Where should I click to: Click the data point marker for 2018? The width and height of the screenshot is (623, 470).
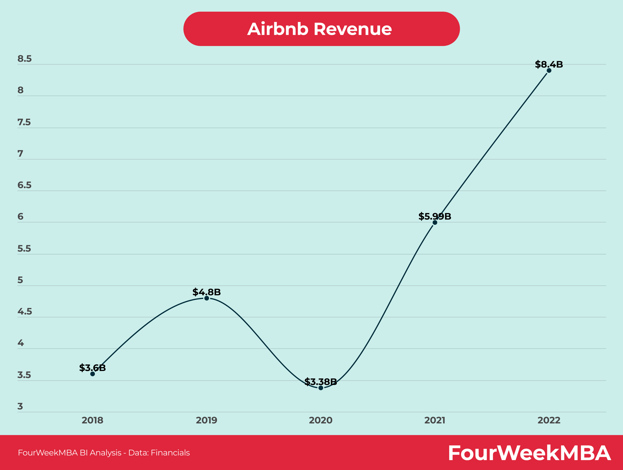pyautogui.click(x=92, y=374)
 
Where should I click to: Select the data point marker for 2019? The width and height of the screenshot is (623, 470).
pyautogui.click(x=206, y=298)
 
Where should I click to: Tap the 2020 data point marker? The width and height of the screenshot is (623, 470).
pyautogui.click(x=321, y=388)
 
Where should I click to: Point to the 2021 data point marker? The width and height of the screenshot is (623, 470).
pyautogui.click(x=435, y=222)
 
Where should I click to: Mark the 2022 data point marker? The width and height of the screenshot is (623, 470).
pyautogui.click(x=549, y=70)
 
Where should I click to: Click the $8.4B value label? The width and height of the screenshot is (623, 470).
pyautogui.click(x=549, y=64)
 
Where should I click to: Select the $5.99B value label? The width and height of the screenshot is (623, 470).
pyautogui.click(x=435, y=216)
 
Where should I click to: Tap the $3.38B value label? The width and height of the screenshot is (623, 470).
pyautogui.click(x=321, y=382)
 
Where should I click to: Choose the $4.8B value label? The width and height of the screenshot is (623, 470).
pyautogui.click(x=206, y=292)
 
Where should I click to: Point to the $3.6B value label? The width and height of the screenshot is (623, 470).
pyautogui.click(x=92, y=368)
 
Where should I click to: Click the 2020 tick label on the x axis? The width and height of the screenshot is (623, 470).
pyautogui.click(x=321, y=420)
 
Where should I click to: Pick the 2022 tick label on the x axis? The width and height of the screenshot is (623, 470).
pyautogui.click(x=549, y=420)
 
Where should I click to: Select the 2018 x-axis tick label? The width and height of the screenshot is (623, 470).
pyautogui.click(x=92, y=420)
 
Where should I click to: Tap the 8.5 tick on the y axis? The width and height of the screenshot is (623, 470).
pyautogui.click(x=25, y=59)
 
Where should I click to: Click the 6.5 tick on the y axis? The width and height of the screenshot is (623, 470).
pyautogui.click(x=25, y=185)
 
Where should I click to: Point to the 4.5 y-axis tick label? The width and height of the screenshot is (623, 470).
pyautogui.click(x=25, y=312)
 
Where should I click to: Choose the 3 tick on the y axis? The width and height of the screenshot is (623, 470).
pyautogui.click(x=20, y=406)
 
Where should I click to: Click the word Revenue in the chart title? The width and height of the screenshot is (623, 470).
pyautogui.click(x=353, y=29)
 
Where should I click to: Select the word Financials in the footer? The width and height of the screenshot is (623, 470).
pyautogui.click(x=170, y=452)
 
